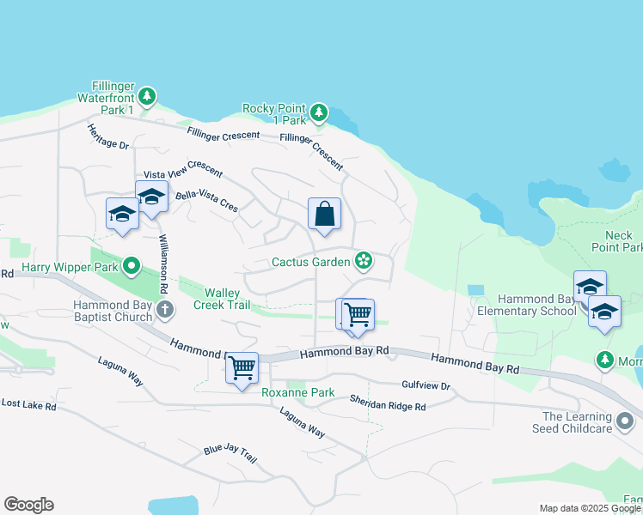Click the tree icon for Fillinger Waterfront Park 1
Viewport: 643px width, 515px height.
coord(148,95)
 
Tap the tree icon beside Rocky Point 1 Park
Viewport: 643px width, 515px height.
coord(319,112)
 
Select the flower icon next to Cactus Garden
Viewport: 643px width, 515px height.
coord(364,260)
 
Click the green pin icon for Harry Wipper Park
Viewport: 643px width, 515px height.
coord(131,266)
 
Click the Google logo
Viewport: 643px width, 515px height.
coord(28,505)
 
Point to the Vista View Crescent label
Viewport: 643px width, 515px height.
coord(182,168)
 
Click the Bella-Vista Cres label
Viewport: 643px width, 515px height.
coord(206,201)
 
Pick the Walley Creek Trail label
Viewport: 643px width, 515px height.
coord(222,299)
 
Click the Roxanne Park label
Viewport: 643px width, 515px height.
coord(297,392)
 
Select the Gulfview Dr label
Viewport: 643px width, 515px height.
coord(426,385)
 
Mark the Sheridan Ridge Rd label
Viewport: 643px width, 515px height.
coord(387,403)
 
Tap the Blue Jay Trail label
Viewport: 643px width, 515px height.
coord(230,452)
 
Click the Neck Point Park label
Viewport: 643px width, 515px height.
coord(618,241)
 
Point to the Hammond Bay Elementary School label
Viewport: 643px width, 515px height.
coord(526,305)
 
